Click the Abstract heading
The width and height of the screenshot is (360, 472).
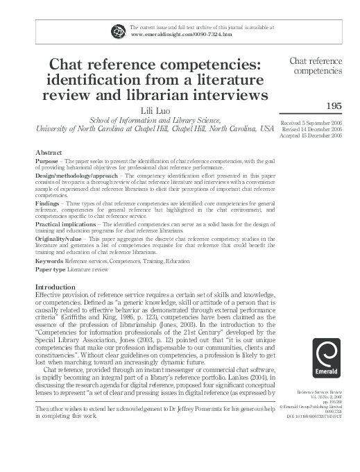48,152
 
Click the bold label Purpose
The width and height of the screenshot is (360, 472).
47,161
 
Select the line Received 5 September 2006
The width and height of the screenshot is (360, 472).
316,123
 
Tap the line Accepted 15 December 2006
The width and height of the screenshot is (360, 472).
316,135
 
